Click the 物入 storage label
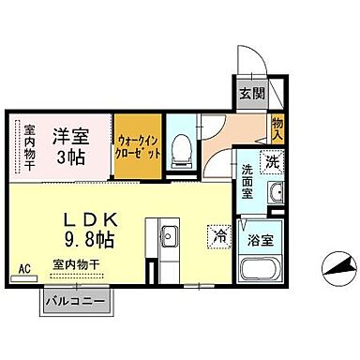pos(278,128)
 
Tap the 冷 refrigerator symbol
pos(218,235)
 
